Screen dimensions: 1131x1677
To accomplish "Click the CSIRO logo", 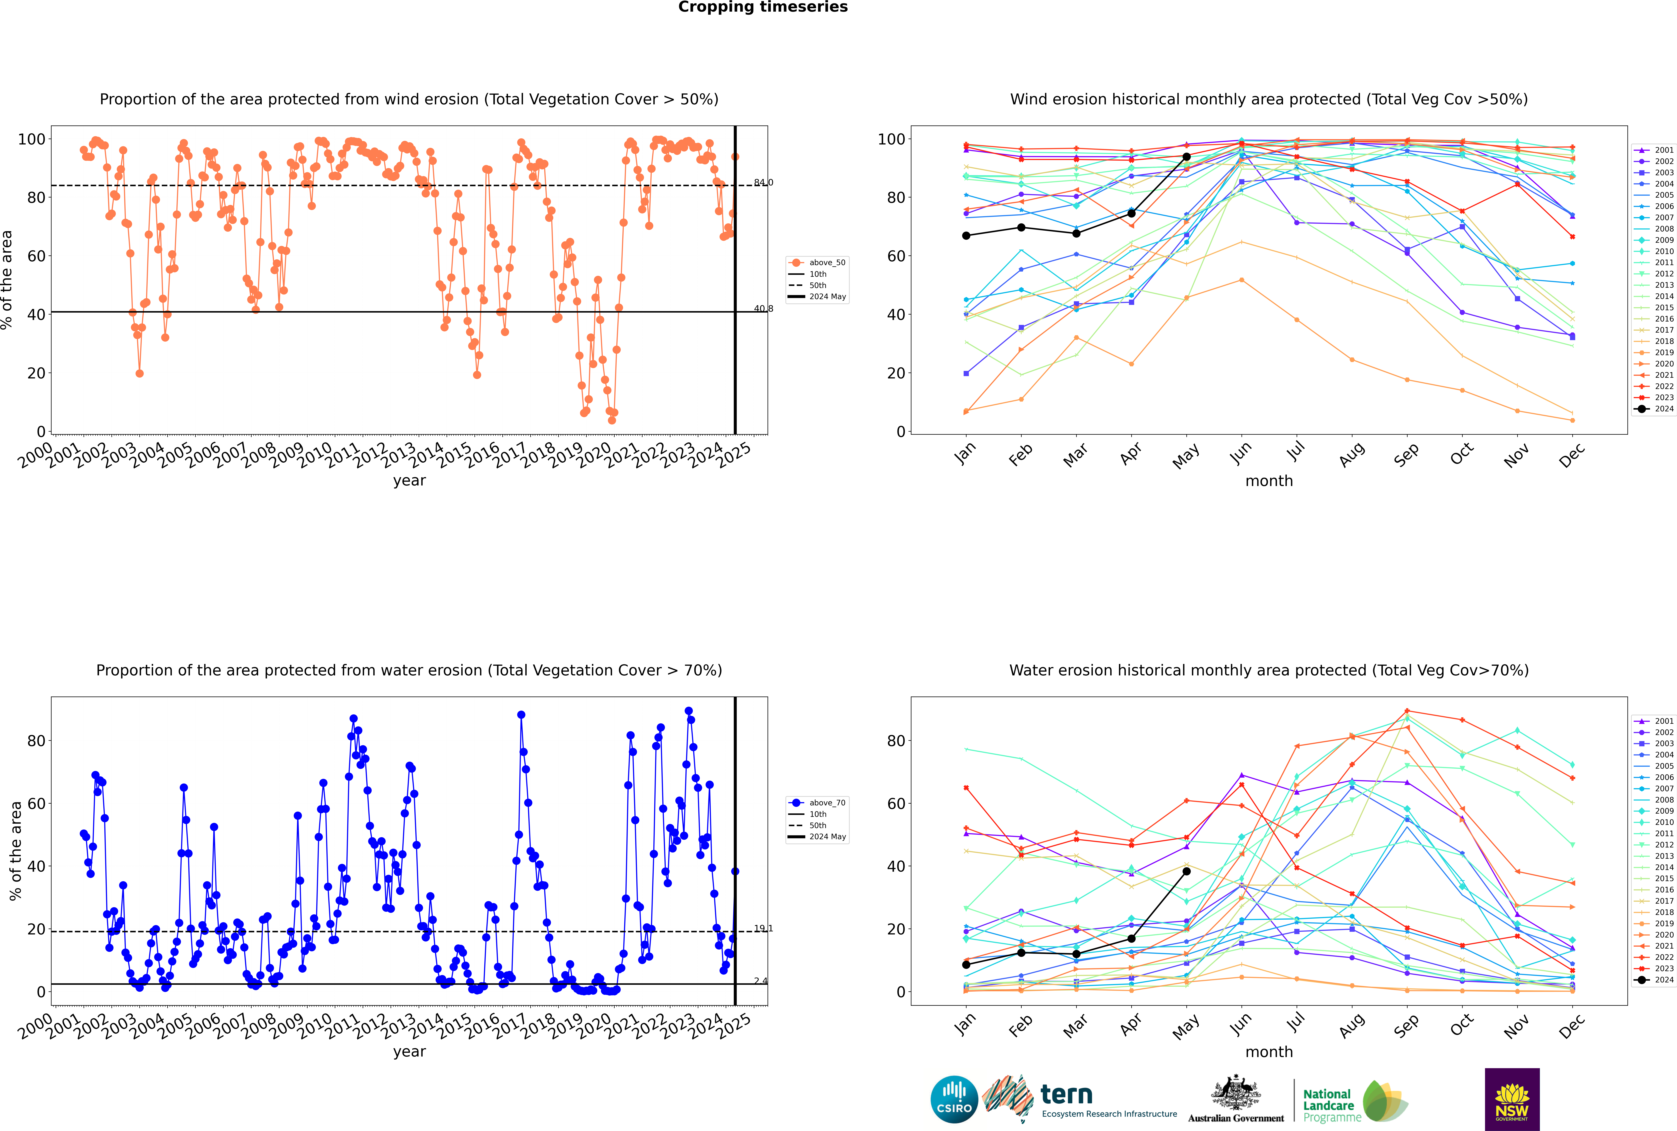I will click(x=954, y=1099).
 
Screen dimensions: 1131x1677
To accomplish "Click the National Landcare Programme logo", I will click(x=1354, y=1101).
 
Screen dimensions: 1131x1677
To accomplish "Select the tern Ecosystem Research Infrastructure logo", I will click(x=1079, y=1099).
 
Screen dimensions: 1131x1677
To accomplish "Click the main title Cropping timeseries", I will click(x=763, y=7).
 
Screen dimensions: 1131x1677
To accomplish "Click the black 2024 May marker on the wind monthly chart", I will click(x=1186, y=156).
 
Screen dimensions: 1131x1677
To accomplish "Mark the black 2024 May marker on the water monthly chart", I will click(x=1186, y=871).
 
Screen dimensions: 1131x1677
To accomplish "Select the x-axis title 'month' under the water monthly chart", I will click(x=1269, y=1052).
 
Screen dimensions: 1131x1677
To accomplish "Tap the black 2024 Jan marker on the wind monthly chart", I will click(x=966, y=236).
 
